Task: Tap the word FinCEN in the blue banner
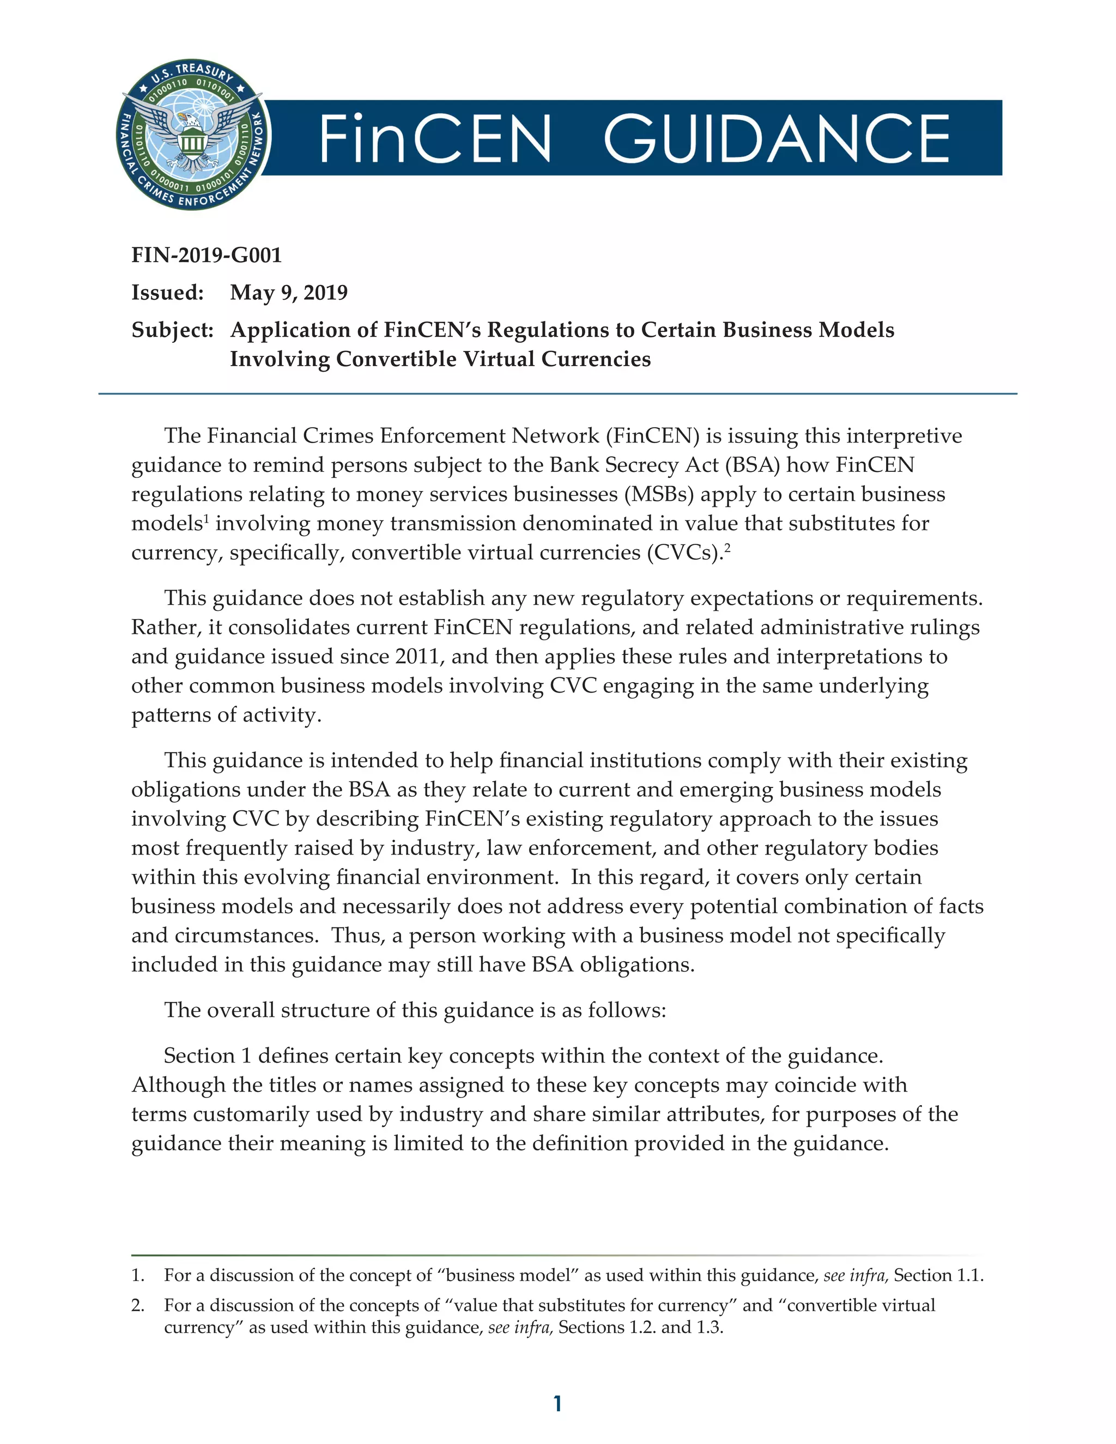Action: [x=434, y=138]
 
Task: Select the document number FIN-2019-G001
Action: [x=207, y=255]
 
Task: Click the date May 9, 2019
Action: [x=288, y=292]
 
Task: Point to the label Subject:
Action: [x=172, y=330]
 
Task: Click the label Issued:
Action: [x=167, y=292]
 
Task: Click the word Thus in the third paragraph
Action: [x=357, y=936]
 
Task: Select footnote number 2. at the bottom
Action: [x=138, y=1305]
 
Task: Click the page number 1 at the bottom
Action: [x=557, y=1404]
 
